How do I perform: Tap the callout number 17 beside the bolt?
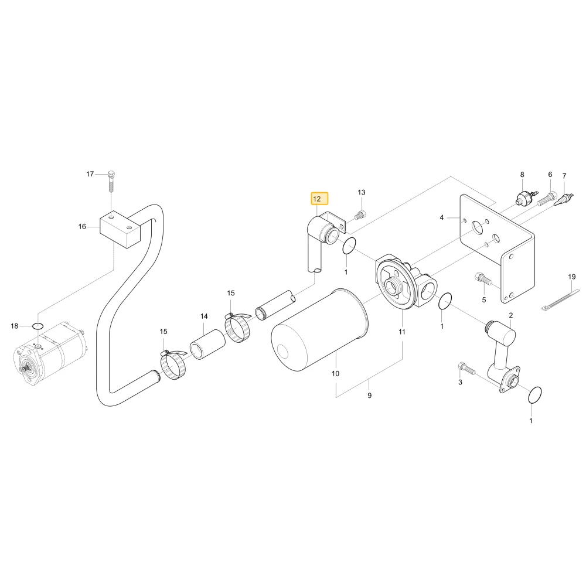point(90,174)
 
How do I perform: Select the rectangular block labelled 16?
point(120,229)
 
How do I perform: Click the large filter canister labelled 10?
point(319,329)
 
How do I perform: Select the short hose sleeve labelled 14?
point(208,343)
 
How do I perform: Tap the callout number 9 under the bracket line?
point(370,396)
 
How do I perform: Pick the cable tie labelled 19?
point(560,299)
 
